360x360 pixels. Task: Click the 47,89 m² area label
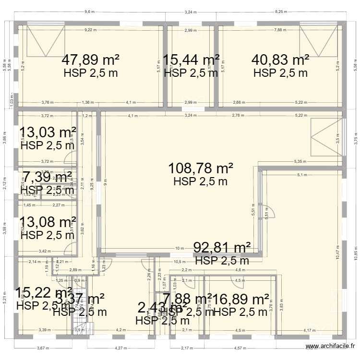(91, 60)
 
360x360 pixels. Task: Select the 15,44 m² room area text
(191, 60)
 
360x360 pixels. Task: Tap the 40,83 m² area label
(280, 60)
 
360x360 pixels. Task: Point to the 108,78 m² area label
(201, 168)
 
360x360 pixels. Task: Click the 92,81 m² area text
(222, 248)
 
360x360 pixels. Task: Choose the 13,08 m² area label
(48, 222)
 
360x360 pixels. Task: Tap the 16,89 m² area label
(240, 300)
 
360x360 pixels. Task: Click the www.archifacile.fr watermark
(331, 347)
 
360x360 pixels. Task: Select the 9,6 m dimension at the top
(89, 12)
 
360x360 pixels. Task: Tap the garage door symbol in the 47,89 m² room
(46, 42)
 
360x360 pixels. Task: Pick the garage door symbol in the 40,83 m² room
(318, 42)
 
